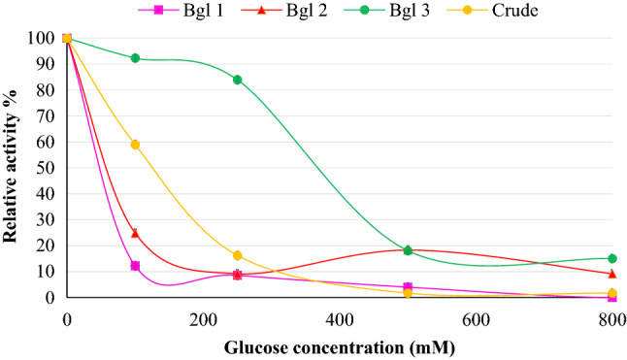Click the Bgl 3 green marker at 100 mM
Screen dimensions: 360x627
coord(135,58)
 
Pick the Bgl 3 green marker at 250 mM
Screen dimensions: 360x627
coord(237,80)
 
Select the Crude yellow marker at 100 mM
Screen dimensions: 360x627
coord(135,145)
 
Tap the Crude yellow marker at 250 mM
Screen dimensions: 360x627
coord(237,255)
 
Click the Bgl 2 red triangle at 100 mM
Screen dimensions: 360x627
coord(135,233)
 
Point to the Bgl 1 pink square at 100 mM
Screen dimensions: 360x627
coord(135,266)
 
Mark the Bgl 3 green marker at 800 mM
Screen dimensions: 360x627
coord(612,258)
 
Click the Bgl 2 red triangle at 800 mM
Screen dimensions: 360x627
coord(612,274)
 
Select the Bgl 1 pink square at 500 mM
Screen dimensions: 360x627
coord(408,287)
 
